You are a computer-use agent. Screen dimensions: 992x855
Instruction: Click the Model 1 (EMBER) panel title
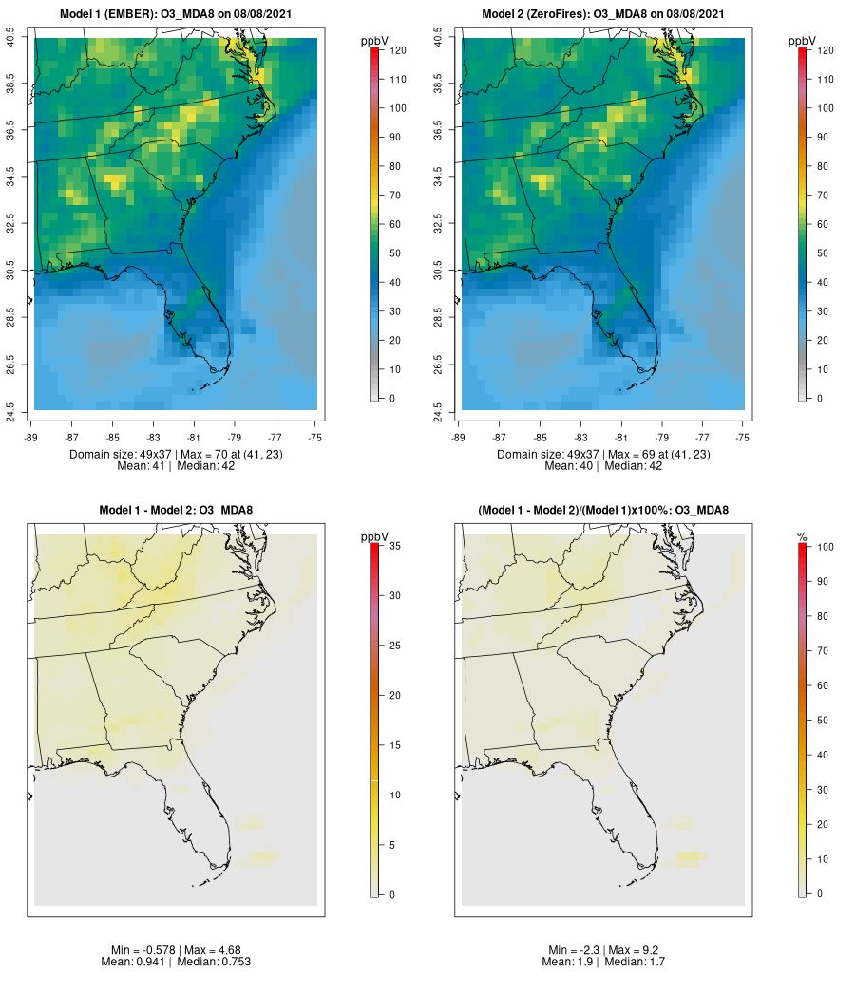[175, 14]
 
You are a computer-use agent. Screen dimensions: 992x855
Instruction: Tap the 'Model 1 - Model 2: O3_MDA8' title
[176, 511]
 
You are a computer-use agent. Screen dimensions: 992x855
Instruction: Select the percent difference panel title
[603, 511]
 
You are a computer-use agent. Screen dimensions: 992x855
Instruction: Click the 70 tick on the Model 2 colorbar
[823, 196]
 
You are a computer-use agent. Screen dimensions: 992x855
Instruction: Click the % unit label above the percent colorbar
[802, 537]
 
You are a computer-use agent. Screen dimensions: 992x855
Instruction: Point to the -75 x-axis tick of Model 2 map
[743, 438]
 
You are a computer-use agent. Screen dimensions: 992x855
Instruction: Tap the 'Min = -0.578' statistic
[139, 950]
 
